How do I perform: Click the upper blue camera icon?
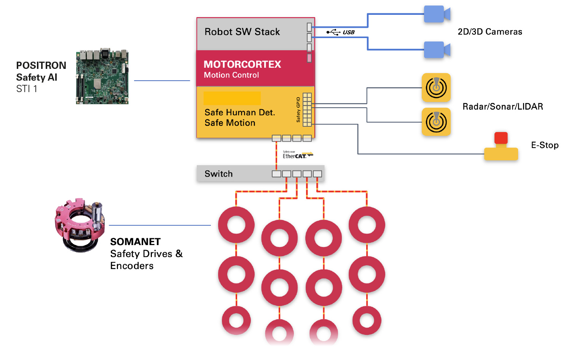[437, 14]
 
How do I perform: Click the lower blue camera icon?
[437, 50]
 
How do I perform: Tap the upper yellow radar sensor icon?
[436, 88]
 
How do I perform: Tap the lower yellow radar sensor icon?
[436, 122]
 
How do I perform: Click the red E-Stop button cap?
[501, 138]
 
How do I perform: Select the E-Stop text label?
[545, 145]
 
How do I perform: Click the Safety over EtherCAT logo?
[298, 155]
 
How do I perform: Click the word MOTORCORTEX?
[242, 64]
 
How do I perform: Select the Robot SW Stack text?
[242, 32]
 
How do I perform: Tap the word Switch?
[219, 174]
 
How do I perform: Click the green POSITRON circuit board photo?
[102, 76]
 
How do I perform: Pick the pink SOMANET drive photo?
[80, 225]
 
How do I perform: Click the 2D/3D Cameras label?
[490, 32]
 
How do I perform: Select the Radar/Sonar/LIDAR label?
[503, 107]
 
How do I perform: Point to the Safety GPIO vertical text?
[298, 110]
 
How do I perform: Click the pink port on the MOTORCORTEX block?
[309, 58]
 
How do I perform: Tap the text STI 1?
[27, 89]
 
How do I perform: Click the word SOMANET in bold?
[136, 242]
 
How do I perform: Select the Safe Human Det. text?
[240, 112]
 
